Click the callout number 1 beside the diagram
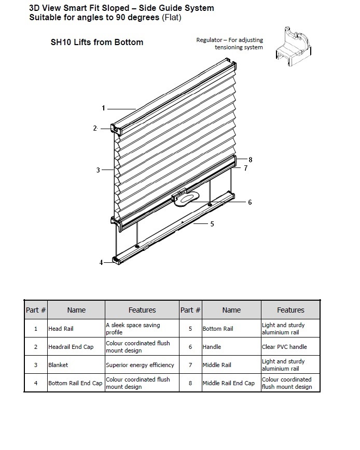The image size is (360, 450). pos(103,108)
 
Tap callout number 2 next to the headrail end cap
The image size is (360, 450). pos(95,128)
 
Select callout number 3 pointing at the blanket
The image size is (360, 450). pos(98,170)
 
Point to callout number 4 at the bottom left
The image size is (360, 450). pos(101,262)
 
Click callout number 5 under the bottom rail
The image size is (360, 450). pos(212,224)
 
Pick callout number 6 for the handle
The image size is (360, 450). pos(250,202)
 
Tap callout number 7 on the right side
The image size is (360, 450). pos(245,168)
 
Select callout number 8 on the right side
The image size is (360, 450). pos(250,159)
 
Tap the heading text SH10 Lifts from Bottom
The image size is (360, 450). pos(96,42)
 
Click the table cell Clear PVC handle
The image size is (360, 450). pos(284,347)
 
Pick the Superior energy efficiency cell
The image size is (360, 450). pos(140,365)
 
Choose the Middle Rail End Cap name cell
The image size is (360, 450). pos(228,383)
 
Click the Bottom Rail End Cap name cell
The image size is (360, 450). pos(75,383)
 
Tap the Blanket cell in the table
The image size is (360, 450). pos(58,365)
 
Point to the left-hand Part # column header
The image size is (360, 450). pos(36,310)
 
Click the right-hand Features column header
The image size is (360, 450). pos(290,310)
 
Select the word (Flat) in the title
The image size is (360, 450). pos(171,18)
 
